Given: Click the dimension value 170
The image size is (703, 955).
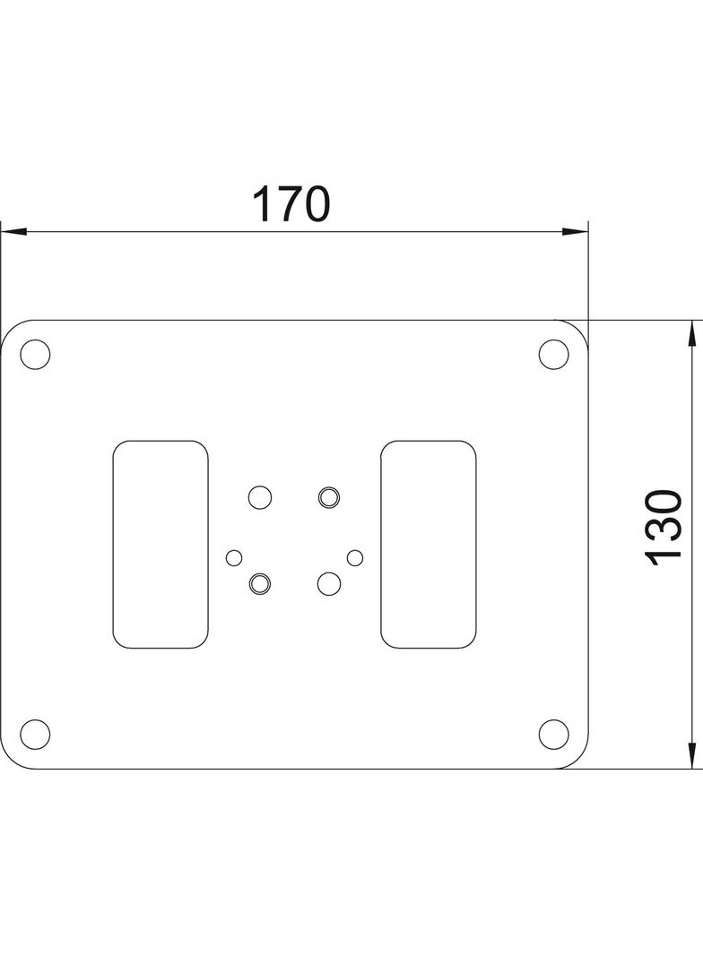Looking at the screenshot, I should coord(291,204).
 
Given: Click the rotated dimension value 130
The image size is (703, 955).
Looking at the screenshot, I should coord(665,527).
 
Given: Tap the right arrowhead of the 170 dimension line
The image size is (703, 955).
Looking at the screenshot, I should coord(576,232).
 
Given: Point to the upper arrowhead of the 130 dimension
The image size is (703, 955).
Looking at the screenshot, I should coord(692,333).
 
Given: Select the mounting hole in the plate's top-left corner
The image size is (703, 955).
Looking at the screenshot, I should coord(35,354).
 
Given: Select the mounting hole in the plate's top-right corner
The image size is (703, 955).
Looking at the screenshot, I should coord(553,354).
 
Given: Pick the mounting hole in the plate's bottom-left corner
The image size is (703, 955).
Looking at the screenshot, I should coord(35,734).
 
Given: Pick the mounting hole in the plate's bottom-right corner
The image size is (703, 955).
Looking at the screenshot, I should coord(553,734).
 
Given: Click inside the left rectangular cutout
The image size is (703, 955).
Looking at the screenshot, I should coord(160,544).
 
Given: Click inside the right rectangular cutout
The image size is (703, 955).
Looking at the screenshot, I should coord(428,544).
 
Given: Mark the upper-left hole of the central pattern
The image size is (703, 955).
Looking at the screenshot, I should coord(259,496).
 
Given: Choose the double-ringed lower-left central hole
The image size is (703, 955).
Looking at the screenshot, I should coord(259,583).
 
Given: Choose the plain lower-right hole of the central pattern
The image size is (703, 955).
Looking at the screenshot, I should coord(329,583).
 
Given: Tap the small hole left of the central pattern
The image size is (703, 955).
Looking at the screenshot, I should coord(234,558).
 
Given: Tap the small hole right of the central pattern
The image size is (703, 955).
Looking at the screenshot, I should coord(355,557).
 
